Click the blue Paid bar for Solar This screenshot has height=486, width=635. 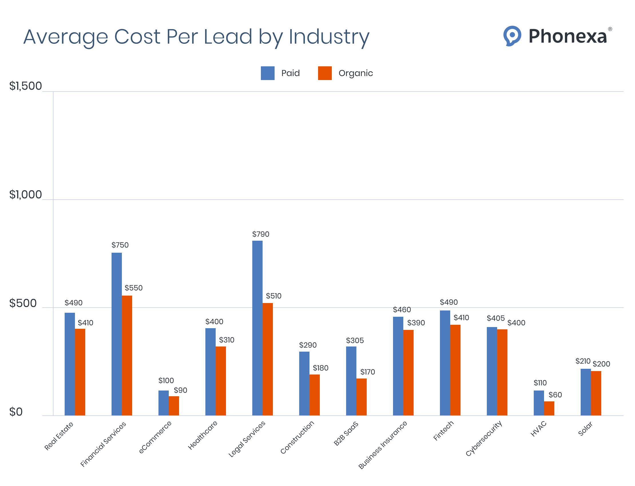[x=586, y=392]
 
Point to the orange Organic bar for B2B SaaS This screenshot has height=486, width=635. [x=362, y=397]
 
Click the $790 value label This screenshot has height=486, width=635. [x=261, y=234]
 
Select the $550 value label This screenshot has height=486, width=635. [x=133, y=288]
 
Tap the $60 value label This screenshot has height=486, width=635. [x=555, y=395]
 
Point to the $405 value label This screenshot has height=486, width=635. [x=495, y=318]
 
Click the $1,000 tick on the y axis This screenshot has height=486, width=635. [x=25, y=195]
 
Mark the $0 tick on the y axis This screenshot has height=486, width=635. [x=16, y=412]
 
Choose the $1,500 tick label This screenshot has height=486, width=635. [x=25, y=86]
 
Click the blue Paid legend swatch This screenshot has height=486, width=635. [x=267, y=73]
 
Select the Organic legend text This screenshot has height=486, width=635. [x=356, y=73]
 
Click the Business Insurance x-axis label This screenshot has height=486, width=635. [x=383, y=445]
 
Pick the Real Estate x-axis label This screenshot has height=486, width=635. [x=59, y=436]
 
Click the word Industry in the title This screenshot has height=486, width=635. [x=329, y=37]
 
